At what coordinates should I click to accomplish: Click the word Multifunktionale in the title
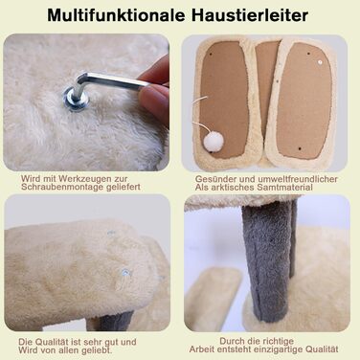[117, 15]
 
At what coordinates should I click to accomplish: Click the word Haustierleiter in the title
[250, 15]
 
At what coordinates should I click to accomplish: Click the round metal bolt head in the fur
[76, 98]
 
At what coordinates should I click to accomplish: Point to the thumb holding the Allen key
[156, 101]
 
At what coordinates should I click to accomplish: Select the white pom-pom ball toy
[214, 142]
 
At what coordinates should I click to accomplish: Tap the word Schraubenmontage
[58, 187]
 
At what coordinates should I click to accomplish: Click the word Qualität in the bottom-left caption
[52, 342]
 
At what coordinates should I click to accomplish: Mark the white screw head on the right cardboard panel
[321, 60]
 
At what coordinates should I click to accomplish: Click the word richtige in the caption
[280, 341]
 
